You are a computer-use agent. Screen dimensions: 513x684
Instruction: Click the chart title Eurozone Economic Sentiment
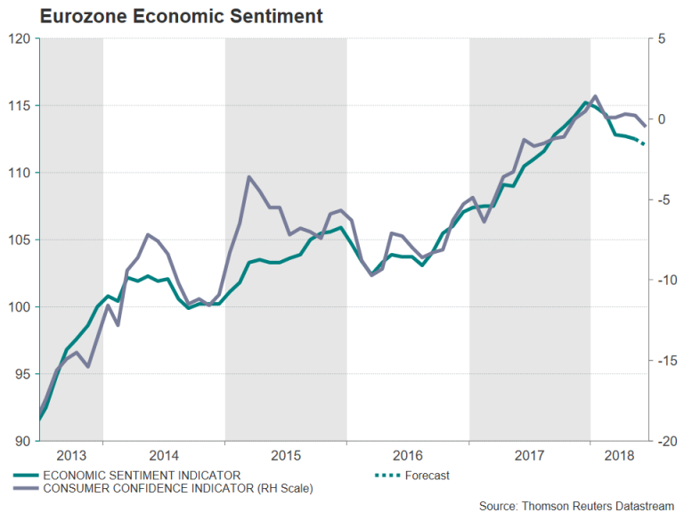(168, 16)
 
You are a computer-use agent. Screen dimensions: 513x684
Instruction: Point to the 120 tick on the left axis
(20, 39)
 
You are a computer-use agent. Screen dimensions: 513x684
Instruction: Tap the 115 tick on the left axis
(20, 106)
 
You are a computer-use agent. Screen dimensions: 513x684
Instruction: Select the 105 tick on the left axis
(20, 240)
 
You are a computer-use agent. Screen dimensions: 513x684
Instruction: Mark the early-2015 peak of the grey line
(248, 177)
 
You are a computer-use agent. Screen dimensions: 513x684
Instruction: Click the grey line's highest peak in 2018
(595, 96)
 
